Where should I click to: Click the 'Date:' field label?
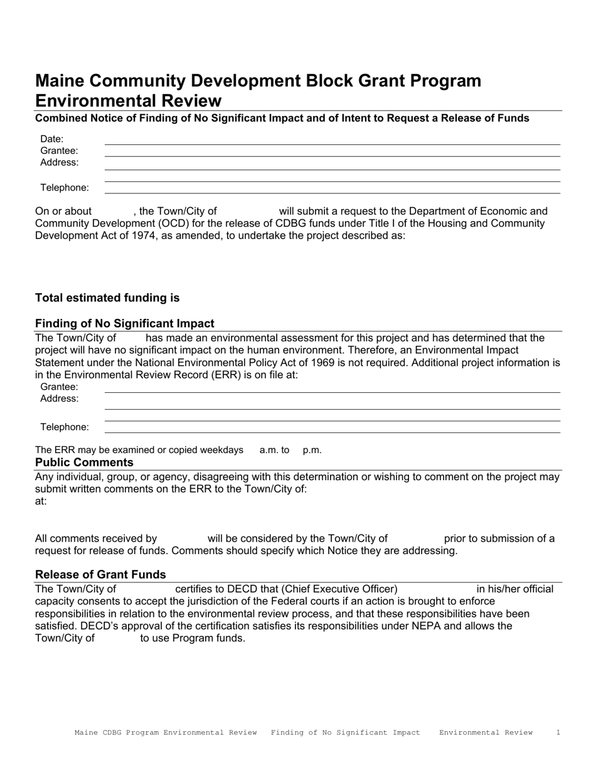[52, 139]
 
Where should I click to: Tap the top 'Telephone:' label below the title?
[65, 188]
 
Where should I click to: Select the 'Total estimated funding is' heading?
[107, 298]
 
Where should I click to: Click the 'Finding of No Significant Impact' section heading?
[125, 323]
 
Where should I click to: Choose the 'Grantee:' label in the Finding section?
[59, 387]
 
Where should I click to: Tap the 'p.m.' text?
[312, 450]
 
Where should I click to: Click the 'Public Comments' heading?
[84, 463]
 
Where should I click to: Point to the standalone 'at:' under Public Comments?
[41, 501]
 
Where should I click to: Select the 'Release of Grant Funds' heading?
[100, 574]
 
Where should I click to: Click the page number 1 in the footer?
[558, 732]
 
